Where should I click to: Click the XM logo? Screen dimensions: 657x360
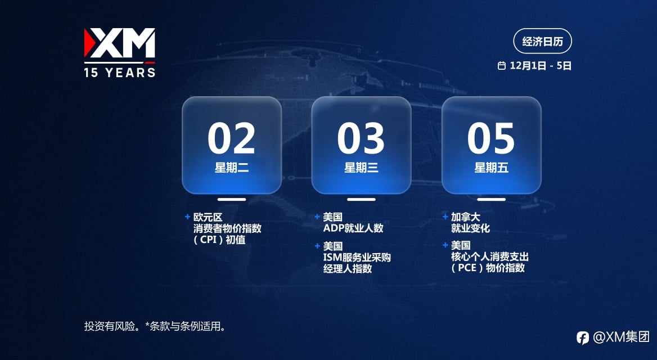click(x=119, y=43)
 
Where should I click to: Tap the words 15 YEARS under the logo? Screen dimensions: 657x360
click(x=119, y=73)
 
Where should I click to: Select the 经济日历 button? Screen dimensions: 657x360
click(x=542, y=41)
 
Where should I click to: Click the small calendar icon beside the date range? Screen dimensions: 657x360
click(x=502, y=65)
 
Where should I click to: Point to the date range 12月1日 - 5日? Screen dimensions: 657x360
click(x=541, y=65)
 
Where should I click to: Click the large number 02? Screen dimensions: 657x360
click(x=231, y=138)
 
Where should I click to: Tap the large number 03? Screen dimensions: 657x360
click(x=361, y=138)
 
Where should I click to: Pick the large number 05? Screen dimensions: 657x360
click(x=490, y=138)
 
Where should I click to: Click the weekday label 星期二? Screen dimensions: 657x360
click(x=232, y=168)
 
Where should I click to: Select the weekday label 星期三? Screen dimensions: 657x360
click(x=361, y=168)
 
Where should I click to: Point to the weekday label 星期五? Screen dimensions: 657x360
click(x=491, y=168)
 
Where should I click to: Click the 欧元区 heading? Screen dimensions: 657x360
click(x=208, y=217)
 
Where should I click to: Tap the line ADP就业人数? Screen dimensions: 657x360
click(x=353, y=228)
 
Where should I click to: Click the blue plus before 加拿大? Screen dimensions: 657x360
click(x=445, y=217)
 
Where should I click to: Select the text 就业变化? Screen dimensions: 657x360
click(x=470, y=228)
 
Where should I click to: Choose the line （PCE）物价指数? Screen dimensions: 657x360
click(x=488, y=268)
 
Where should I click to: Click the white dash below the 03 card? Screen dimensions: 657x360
click(x=361, y=200)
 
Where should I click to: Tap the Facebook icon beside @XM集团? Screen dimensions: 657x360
click(x=582, y=337)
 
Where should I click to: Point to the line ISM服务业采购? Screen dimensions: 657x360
click(x=357, y=257)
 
